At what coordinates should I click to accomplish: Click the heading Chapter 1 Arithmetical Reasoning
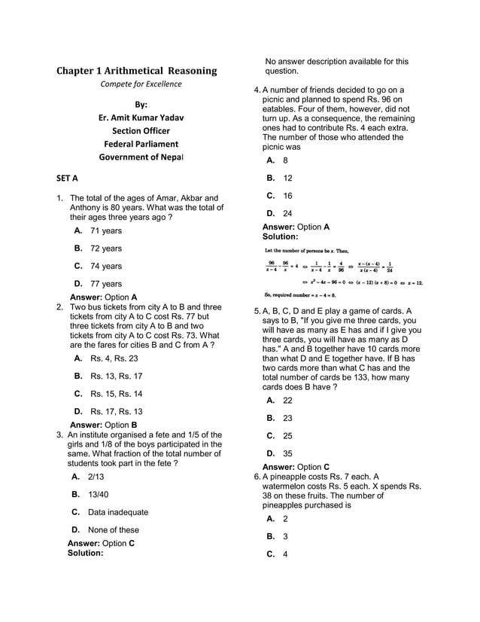point(137,71)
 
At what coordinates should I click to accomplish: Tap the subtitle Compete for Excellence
point(141,84)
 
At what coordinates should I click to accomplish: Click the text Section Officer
point(141,131)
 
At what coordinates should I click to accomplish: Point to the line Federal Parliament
point(141,144)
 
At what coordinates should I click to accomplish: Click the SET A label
point(67,178)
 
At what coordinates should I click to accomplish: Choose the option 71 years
point(105,230)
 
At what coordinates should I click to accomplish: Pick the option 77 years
point(105,284)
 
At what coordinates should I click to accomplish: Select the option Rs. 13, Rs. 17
point(116,376)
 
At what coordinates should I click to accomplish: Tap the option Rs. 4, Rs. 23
point(114,358)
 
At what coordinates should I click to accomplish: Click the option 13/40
point(98,495)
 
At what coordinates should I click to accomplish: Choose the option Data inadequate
point(117,512)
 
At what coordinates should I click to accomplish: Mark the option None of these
point(113,530)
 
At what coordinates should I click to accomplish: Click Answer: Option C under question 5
point(296,467)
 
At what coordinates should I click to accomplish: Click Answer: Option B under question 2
point(103,425)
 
